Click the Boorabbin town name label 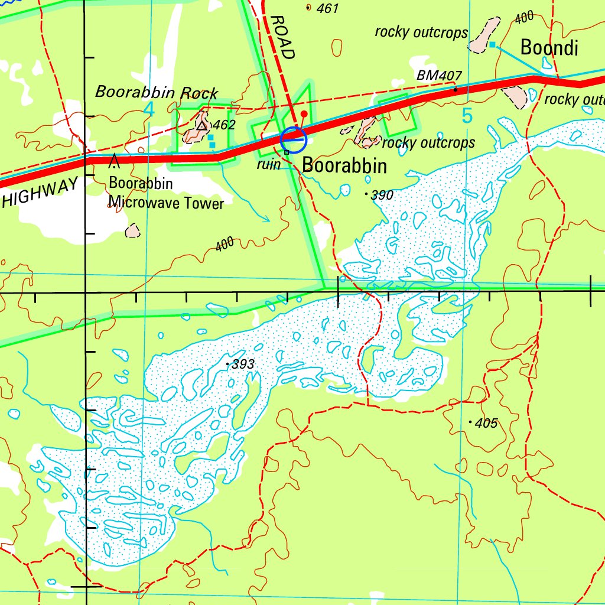tap(344, 166)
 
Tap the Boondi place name tap(549, 48)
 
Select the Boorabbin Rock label tap(157, 92)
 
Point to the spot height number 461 tap(327, 8)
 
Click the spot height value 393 tap(243, 365)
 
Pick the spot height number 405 tap(486, 423)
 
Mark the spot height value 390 tap(382, 195)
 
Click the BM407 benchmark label tap(438, 76)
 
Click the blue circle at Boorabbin tap(294, 140)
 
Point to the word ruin tap(268, 164)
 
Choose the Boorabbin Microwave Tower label tap(166, 193)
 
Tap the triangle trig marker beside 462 tap(203, 125)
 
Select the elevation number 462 tap(224, 125)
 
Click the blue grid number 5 tap(467, 117)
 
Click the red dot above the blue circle tap(304, 113)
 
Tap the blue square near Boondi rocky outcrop tap(492, 44)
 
